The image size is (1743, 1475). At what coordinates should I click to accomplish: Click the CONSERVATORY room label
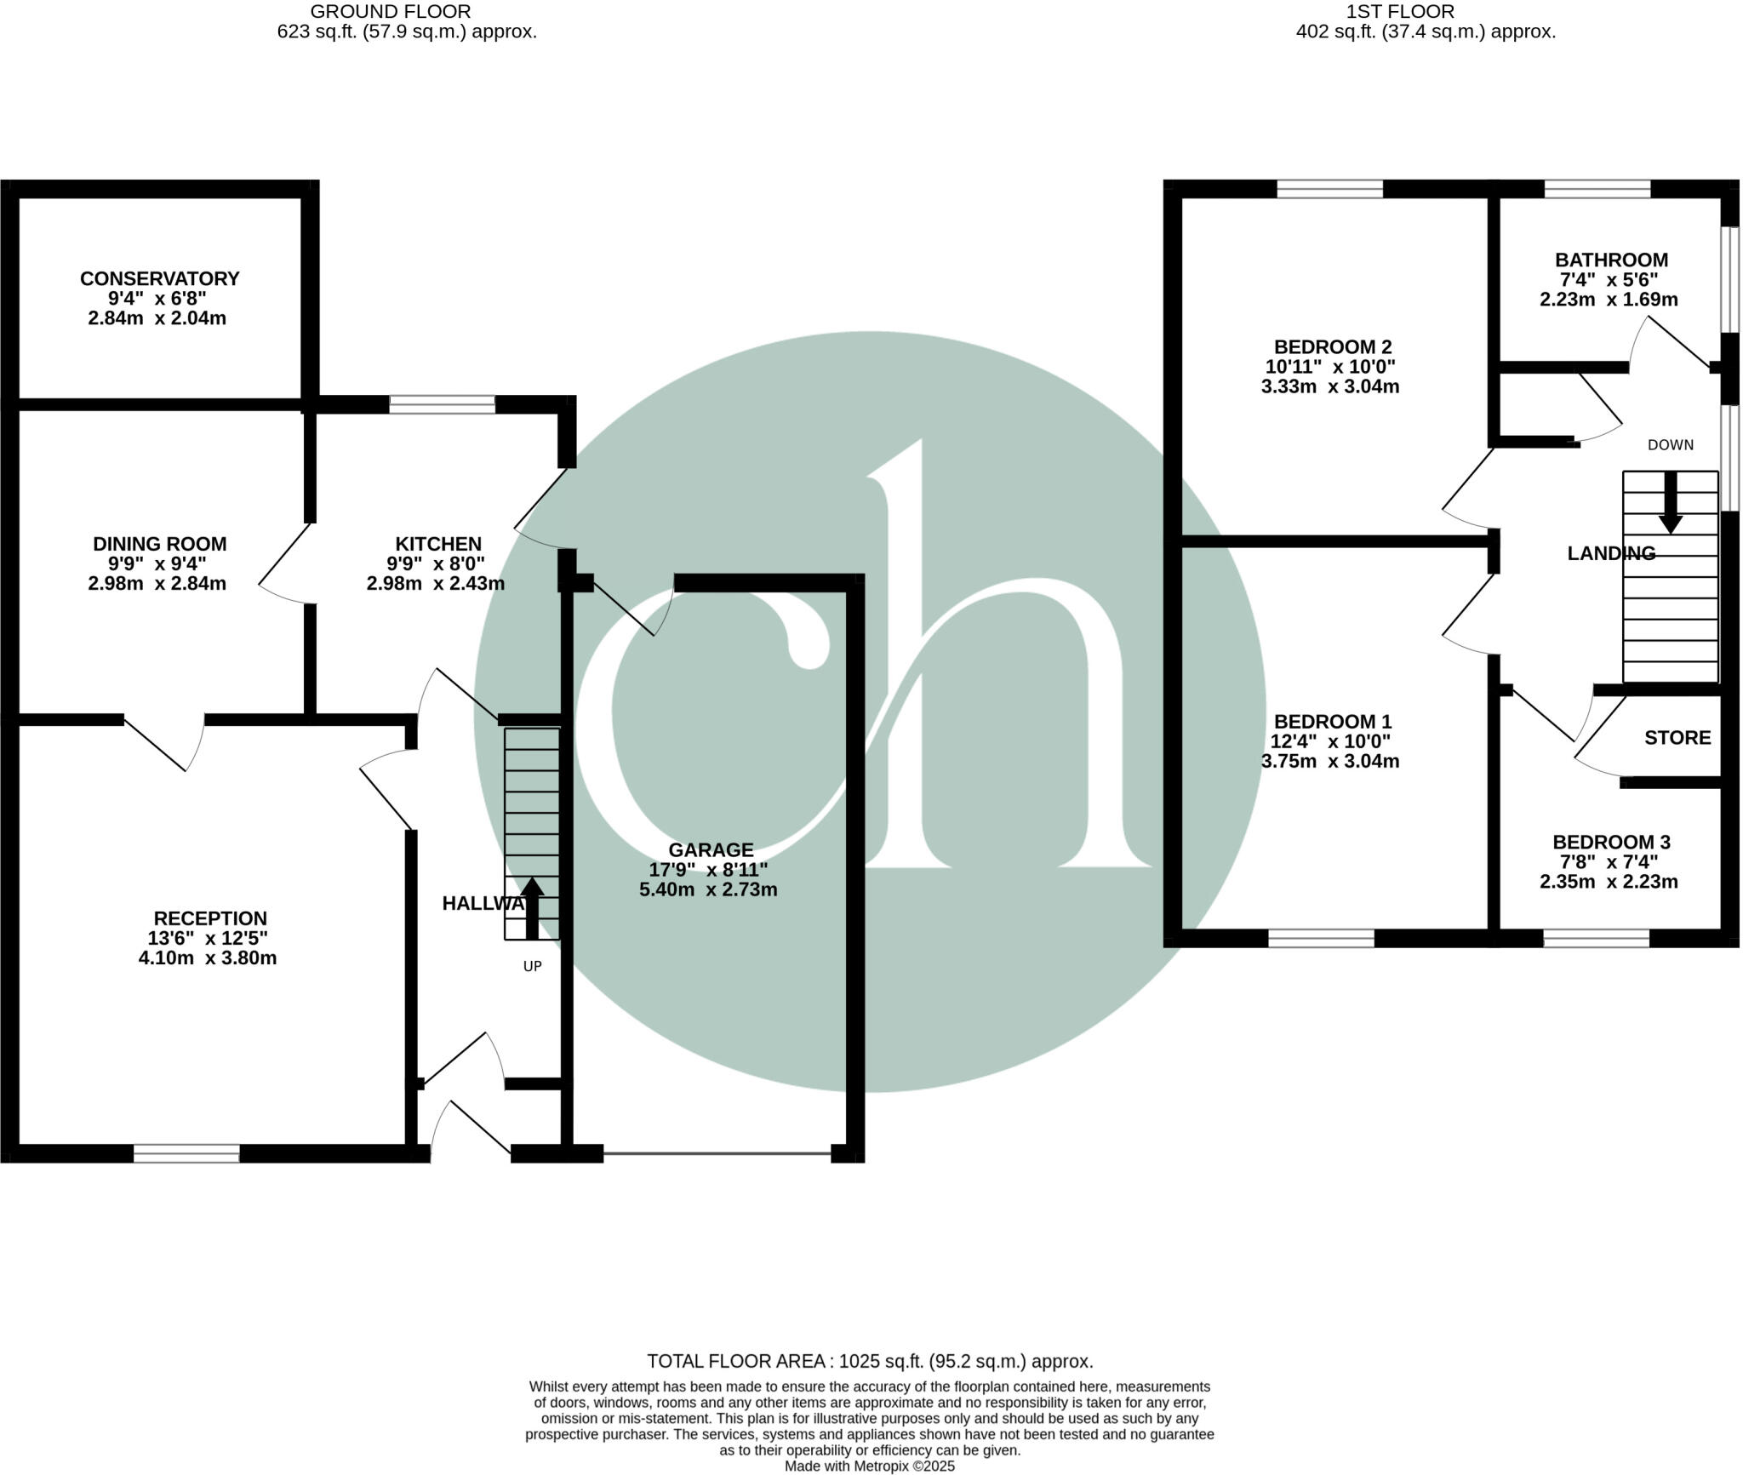coord(159,278)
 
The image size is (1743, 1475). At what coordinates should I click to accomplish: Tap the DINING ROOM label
coord(159,544)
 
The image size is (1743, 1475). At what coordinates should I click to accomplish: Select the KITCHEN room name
coord(438,544)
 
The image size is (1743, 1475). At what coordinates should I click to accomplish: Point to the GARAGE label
coord(711,849)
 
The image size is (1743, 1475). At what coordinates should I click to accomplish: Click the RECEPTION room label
coord(210,918)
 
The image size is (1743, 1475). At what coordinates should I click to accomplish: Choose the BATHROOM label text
coord(1611,260)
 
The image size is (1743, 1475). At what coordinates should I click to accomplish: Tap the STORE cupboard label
coord(1677,737)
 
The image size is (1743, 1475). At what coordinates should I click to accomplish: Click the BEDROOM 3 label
coord(1611,842)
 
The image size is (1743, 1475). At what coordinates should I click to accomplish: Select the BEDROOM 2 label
coord(1332,346)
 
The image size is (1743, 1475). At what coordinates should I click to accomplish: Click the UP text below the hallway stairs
coord(532,966)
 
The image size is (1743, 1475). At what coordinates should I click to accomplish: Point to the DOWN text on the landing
coord(1670,444)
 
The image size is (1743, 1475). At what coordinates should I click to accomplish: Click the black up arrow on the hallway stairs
coord(532,907)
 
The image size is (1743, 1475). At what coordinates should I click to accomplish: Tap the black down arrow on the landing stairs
coord(1670,502)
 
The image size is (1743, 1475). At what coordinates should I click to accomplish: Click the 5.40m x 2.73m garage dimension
coord(708,889)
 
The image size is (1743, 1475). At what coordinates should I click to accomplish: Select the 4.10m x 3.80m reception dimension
coord(208,958)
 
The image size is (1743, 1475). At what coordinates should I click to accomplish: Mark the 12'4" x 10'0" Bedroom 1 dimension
coord(1330,741)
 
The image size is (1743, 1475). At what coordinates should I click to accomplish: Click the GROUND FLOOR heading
coord(391,12)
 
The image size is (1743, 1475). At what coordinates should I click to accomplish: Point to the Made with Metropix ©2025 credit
coord(870,1466)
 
